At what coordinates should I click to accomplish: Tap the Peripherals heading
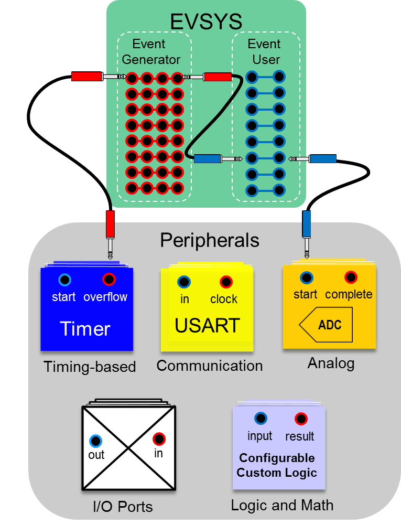[x=209, y=240]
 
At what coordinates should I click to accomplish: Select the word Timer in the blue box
[x=85, y=329]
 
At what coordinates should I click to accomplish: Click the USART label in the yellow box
[x=207, y=325]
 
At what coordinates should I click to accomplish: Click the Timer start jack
[x=64, y=280]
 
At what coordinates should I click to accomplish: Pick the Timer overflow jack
[x=109, y=280]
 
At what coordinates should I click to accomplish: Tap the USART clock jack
[x=226, y=282]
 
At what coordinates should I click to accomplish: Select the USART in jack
[x=183, y=282]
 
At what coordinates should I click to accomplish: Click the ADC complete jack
[x=351, y=277]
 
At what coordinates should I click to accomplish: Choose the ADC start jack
[x=306, y=277]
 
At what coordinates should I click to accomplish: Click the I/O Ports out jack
[x=95, y=441]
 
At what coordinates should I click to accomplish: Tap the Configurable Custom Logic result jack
[x=300, y=419]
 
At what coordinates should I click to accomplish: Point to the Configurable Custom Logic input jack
[x=260, y=419]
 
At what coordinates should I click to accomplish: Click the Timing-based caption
[x=90, y=367]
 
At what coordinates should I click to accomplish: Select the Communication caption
[x=210, y=366]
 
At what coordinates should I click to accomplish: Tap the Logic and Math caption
[x=282, y=505]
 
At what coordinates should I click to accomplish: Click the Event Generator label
[x=151, y=51]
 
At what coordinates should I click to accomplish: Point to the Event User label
[x=265, y=51]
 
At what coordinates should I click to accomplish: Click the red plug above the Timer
[x=110, y=224]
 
